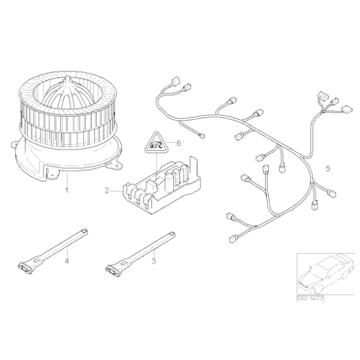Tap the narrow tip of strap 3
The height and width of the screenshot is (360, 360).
[x=169, y=231]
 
